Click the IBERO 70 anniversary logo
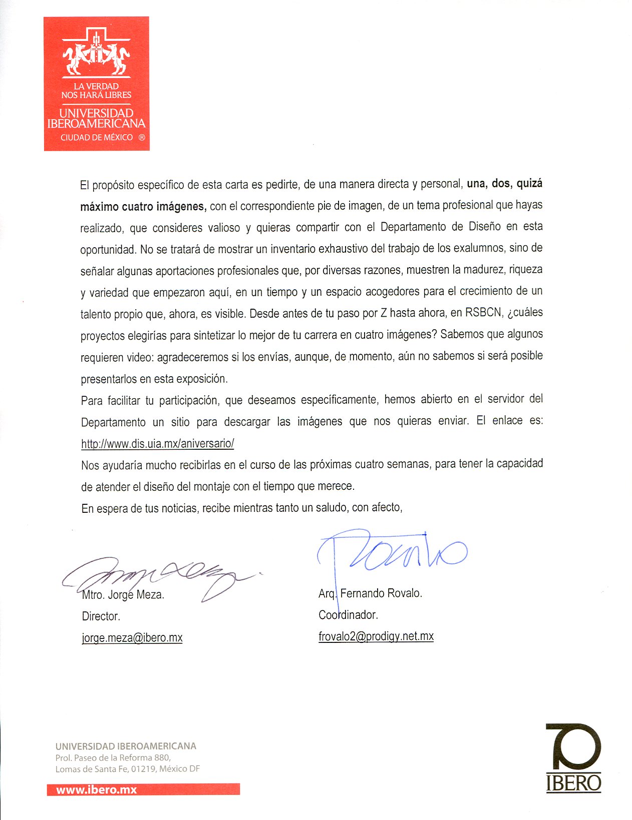pos(573,757)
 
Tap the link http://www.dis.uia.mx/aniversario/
pos(157,443)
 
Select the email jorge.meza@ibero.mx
pos(132,638)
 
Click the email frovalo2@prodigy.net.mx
pos(376,636)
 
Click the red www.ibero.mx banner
pos(143,789)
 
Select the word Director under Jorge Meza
pos(101,616)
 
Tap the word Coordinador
pos(348,615)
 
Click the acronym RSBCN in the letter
pos(483,313)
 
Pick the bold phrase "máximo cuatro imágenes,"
pos(143,206)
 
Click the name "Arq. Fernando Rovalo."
pos(371,593)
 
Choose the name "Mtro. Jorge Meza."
pos(123,595)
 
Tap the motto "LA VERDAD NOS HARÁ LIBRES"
pos(96,91)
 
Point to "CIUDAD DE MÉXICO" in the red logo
pos(97,138)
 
